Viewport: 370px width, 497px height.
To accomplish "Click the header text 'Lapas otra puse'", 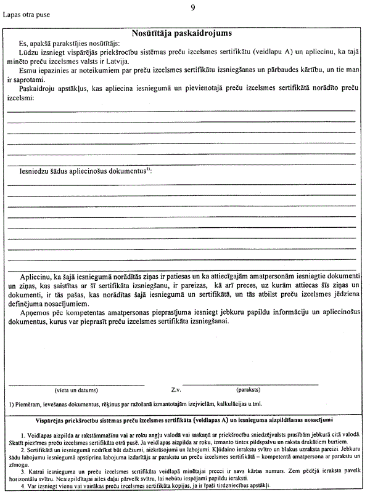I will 28,12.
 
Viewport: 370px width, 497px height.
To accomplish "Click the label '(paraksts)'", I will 247,390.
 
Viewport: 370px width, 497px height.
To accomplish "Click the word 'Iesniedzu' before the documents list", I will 36,168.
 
